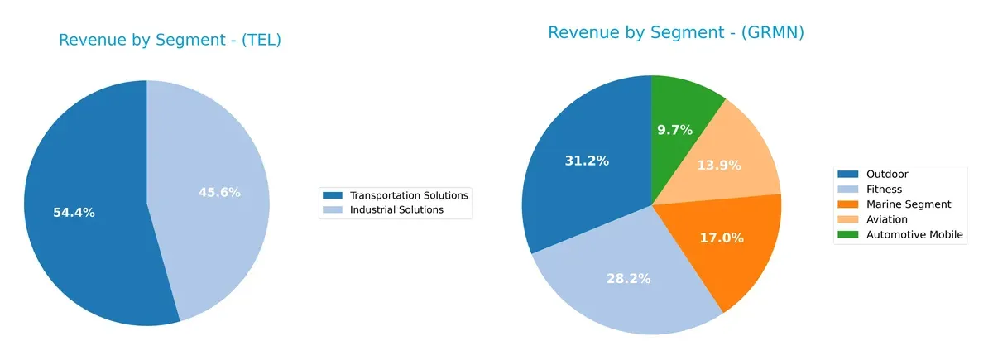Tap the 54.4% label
coord(74,213)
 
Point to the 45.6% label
coord(219,193)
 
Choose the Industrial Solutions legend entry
coord(396,210)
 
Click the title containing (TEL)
coord(170,40)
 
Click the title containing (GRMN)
coord(675,33)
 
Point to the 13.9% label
coord(718,166)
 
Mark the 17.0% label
coord(722,238)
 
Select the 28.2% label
coord(628,278)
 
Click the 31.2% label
coord(587,161)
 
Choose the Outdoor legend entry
coord(885,175)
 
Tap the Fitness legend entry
coord(884,190)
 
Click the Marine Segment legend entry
coord(908,204)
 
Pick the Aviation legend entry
coord(886,219)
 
